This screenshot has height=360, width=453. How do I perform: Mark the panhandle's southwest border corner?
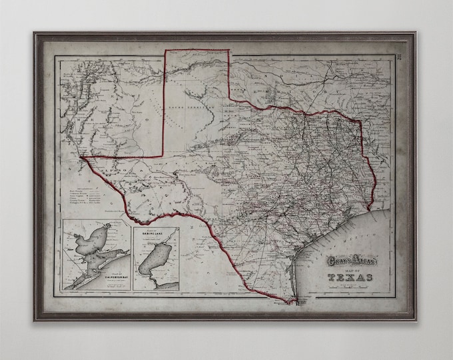[x=165, y=157]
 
